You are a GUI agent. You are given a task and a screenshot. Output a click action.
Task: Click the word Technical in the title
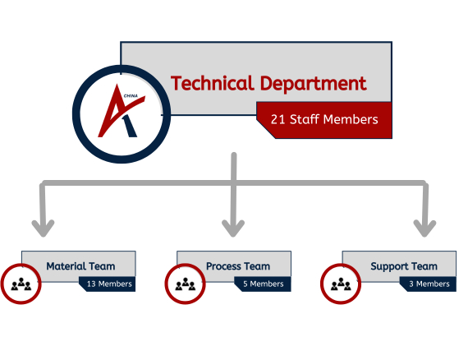pos(212,83)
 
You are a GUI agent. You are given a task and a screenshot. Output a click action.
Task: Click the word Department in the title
pos(313,85)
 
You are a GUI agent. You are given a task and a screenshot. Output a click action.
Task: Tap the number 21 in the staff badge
pos(278,119)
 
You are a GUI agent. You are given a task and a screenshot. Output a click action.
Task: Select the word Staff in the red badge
pos(304,119)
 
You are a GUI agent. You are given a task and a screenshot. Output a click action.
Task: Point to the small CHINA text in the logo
pos(131,96)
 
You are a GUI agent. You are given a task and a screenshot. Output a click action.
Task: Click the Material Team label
pos(80,266)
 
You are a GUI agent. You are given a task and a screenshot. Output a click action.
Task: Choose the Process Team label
pos(238,266)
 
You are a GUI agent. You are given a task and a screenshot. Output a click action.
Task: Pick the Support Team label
pos(404,266)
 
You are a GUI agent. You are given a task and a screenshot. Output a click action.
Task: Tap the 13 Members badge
pos(108,284)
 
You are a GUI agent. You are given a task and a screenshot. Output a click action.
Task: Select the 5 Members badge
pos(263,284)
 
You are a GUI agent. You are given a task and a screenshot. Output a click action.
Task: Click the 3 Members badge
pos(429,284)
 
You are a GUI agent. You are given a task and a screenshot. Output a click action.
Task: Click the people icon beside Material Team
pos(21,284)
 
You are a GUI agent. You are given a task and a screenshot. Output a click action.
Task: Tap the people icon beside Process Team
pos(186,284)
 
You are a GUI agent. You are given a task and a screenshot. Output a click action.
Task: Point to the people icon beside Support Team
pos(341,284)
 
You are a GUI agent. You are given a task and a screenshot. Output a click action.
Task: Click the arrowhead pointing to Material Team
pos(43,228)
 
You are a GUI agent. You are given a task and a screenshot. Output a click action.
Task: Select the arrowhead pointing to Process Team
pos(233,228)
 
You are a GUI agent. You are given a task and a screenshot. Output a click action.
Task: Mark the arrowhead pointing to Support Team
pos(424,228)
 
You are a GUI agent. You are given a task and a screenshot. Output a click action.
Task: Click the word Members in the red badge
pos(351,119)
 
